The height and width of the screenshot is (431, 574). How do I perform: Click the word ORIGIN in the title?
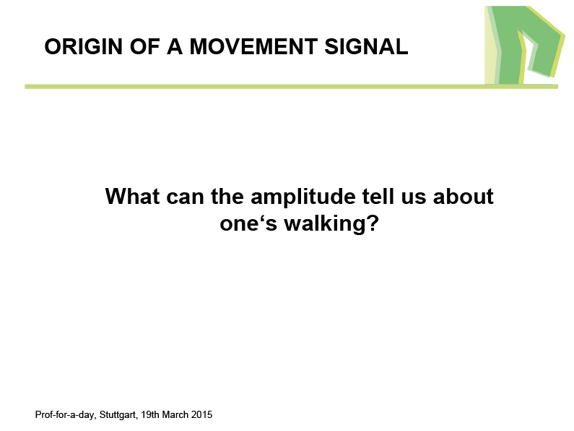click(x=84, y=46)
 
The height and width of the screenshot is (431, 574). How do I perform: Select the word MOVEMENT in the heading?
click(x=253, y=46)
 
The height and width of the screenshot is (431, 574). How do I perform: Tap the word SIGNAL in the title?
click(x=366, y=46)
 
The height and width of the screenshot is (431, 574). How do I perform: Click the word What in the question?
click(x=133, y=196)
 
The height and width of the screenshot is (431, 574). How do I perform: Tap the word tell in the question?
click(x=378, y=196)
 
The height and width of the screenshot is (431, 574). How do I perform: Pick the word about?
click(x=463, y=196)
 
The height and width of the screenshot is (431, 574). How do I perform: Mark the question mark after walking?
click(x=372, y=223)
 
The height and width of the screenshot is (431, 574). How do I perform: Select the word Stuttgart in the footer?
click(x=118, y=415)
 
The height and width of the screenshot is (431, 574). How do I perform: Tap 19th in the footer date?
click(x=150, y=414)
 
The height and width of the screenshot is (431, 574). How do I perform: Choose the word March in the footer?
click(x=175, y=414)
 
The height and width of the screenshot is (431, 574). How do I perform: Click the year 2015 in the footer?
click(x=201, y=414)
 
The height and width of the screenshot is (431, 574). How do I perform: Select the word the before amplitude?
click(x=227, y=196)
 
